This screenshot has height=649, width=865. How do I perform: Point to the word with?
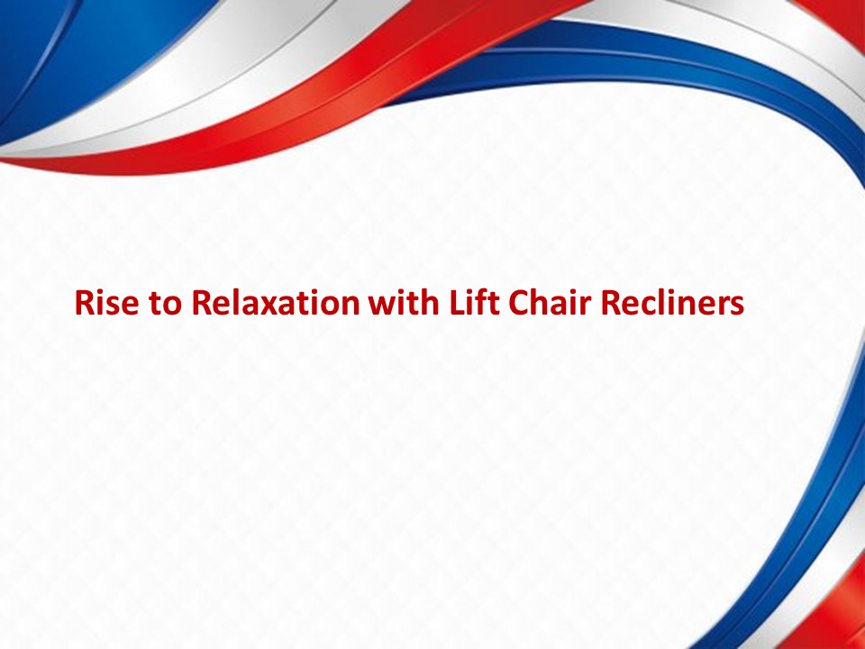click(405, 303)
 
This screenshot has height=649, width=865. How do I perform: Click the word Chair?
click(551, 303)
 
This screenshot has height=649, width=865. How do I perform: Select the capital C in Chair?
click(520, 303)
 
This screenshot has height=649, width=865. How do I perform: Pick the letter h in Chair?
click(541, 303)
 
